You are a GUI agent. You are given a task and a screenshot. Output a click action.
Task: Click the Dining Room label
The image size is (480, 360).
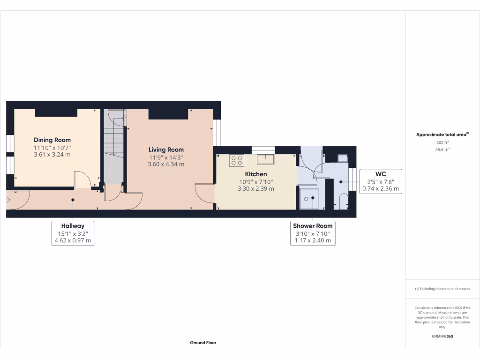tap(52, 140)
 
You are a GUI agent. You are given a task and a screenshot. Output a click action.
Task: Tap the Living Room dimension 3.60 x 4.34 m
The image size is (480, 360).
tap(166, 165)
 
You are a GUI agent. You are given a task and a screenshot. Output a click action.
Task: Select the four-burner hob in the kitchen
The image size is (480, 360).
tap(237, 161)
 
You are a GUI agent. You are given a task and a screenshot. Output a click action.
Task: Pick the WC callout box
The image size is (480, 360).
tap(380, 181)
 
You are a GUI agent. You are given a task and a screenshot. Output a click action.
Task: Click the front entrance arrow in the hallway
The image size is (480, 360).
tap(8, 200)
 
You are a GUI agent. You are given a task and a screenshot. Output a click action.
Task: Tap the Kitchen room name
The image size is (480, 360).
tap(256, 174)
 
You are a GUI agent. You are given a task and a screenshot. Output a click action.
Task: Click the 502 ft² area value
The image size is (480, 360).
tap(442, 142)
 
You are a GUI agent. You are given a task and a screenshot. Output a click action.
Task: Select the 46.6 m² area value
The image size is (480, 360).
tap(442, 150)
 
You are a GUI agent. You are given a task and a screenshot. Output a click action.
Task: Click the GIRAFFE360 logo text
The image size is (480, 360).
tap(442, 337)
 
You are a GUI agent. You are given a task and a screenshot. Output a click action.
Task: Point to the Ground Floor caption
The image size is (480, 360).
tap(203, 343)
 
